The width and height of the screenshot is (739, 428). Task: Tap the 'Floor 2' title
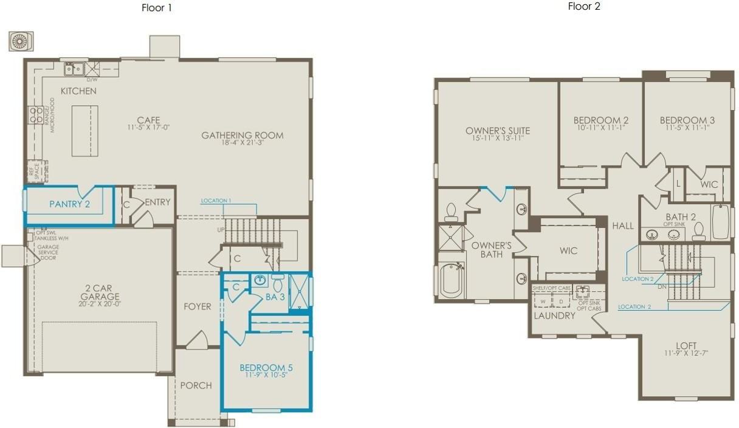[x=584, y=7]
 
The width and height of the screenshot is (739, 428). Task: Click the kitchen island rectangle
[x=85, y=131]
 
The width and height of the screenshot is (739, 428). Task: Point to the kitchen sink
[x=75, y=69]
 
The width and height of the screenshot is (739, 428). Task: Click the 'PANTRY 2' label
[x=69, y=204]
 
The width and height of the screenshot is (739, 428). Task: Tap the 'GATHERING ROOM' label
[x=242, y=135]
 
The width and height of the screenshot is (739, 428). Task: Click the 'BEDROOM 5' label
[x=266, y=368]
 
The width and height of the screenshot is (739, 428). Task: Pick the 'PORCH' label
[x=196, y=385]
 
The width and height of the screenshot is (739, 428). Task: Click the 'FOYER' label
[x=198, y=307]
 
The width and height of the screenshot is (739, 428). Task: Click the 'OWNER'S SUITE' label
[x=498, y=131]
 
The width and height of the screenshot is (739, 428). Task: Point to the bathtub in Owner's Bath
[x=451, y=280]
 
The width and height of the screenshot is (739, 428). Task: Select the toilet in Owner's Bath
[x=451, y=211]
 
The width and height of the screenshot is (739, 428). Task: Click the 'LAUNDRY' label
[x=554, y=316]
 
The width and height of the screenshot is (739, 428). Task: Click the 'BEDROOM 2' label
[x=600, y=120]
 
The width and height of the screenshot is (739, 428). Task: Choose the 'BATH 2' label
[x=681, y=217]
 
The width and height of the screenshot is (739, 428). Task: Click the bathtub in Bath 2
[x=721, y=222]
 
